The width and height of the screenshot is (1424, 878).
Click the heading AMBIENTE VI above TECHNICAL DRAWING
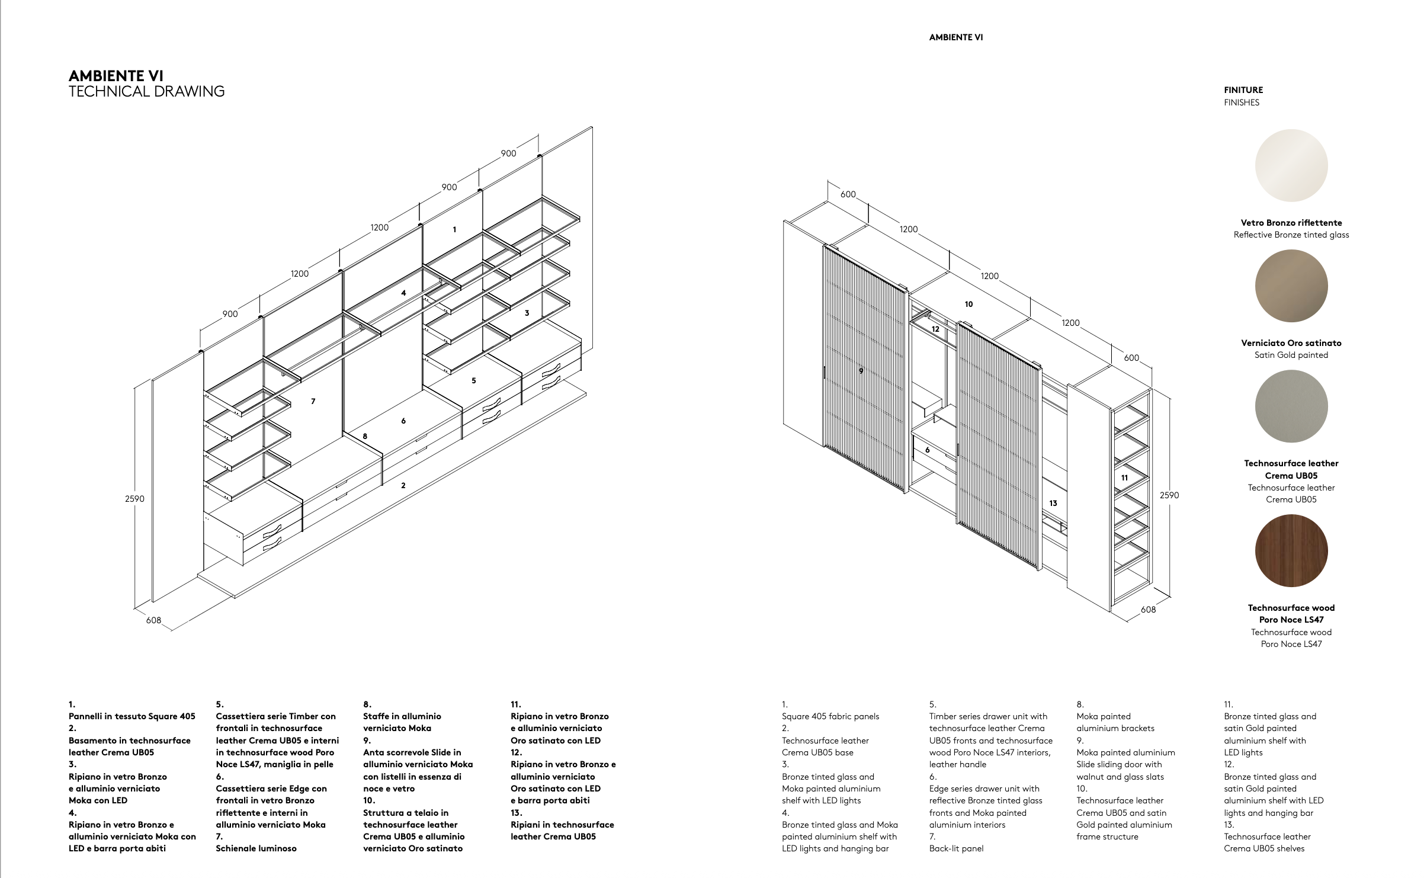click(x=116, y=76)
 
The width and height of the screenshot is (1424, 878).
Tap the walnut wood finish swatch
click(x=1291, y=550)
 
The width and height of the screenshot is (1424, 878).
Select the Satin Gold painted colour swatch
click(x=1291, y=286)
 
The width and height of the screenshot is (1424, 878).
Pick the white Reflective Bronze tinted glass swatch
click(x=1291, y=166)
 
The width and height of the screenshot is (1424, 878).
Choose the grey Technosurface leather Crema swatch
click(x=1291, y=406)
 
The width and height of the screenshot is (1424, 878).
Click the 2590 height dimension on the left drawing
click(x=134, y=499)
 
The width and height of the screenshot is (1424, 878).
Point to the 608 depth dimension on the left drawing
click(x=153, y=620)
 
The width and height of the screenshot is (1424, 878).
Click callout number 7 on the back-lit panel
click(x=313, y=402)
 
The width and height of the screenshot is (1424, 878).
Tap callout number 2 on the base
click(x=403, y=486)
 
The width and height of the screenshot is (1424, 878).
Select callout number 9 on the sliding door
click(x=861, y=371)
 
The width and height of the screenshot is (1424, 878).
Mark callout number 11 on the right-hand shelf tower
click(x=1124, y=478)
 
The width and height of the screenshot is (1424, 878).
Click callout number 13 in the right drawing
click(x=1053, y=504)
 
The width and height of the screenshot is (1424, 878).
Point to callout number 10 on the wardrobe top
click(x=968, y=305)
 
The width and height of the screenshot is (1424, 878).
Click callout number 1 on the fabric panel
click(x=454, y=230)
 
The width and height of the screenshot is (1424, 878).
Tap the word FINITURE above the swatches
click(x=1243, y=90)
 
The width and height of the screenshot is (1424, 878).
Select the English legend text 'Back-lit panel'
click(x=956, y=848)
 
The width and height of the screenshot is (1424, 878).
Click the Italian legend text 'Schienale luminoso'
click(x=256, y=848)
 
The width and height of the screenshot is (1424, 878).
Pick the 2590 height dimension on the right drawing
click(x=1169, y=495)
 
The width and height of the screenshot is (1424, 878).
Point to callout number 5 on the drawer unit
click(x=473, y=381)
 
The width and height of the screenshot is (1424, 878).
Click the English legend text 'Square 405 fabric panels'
click(x=830, y=716)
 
